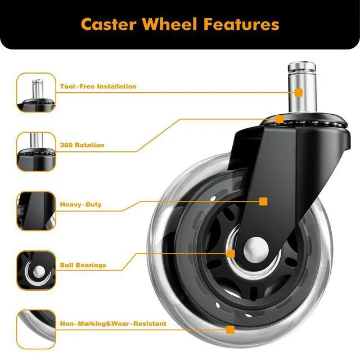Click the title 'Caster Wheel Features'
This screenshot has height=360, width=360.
180,24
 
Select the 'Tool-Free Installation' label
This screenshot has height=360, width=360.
98,87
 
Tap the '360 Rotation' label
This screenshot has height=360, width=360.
82,145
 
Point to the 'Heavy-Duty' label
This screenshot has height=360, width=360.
81,204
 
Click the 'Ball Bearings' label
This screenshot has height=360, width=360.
83,265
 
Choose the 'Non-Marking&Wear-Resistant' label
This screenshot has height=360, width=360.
113,323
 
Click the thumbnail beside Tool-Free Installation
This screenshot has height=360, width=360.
36,92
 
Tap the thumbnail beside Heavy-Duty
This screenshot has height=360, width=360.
36,210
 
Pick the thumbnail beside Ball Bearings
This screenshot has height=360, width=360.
36,270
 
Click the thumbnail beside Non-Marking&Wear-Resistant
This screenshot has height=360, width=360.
36,329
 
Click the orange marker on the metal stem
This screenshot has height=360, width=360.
299,92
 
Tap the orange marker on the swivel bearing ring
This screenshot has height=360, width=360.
280,119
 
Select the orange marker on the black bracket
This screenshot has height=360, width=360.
263,201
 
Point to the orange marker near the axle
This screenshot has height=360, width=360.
231,254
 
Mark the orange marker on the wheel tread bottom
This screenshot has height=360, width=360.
229,330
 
